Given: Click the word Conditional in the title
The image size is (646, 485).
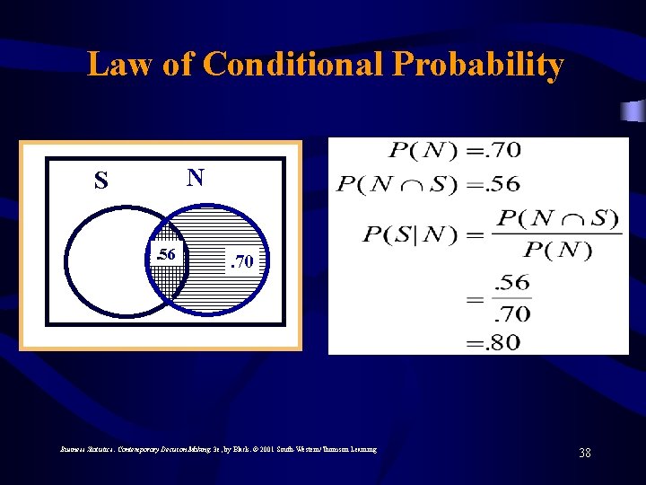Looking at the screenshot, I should [x=293, y=65].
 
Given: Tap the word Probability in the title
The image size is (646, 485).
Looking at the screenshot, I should [x=476, y=65].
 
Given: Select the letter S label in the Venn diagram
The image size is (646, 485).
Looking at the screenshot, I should [x=101, y=181].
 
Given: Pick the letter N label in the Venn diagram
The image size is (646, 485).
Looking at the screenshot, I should [x=195, y=177].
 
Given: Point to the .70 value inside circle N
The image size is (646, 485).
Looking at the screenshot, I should [x=243, y=262].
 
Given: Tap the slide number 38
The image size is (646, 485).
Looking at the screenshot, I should [x=585, y=453].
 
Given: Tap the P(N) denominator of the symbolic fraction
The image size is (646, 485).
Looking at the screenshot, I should [x=557, y=250].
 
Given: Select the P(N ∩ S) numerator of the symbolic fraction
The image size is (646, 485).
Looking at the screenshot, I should [x=557, y=217].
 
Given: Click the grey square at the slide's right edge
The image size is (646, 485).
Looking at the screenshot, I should [x=633, y=111].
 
